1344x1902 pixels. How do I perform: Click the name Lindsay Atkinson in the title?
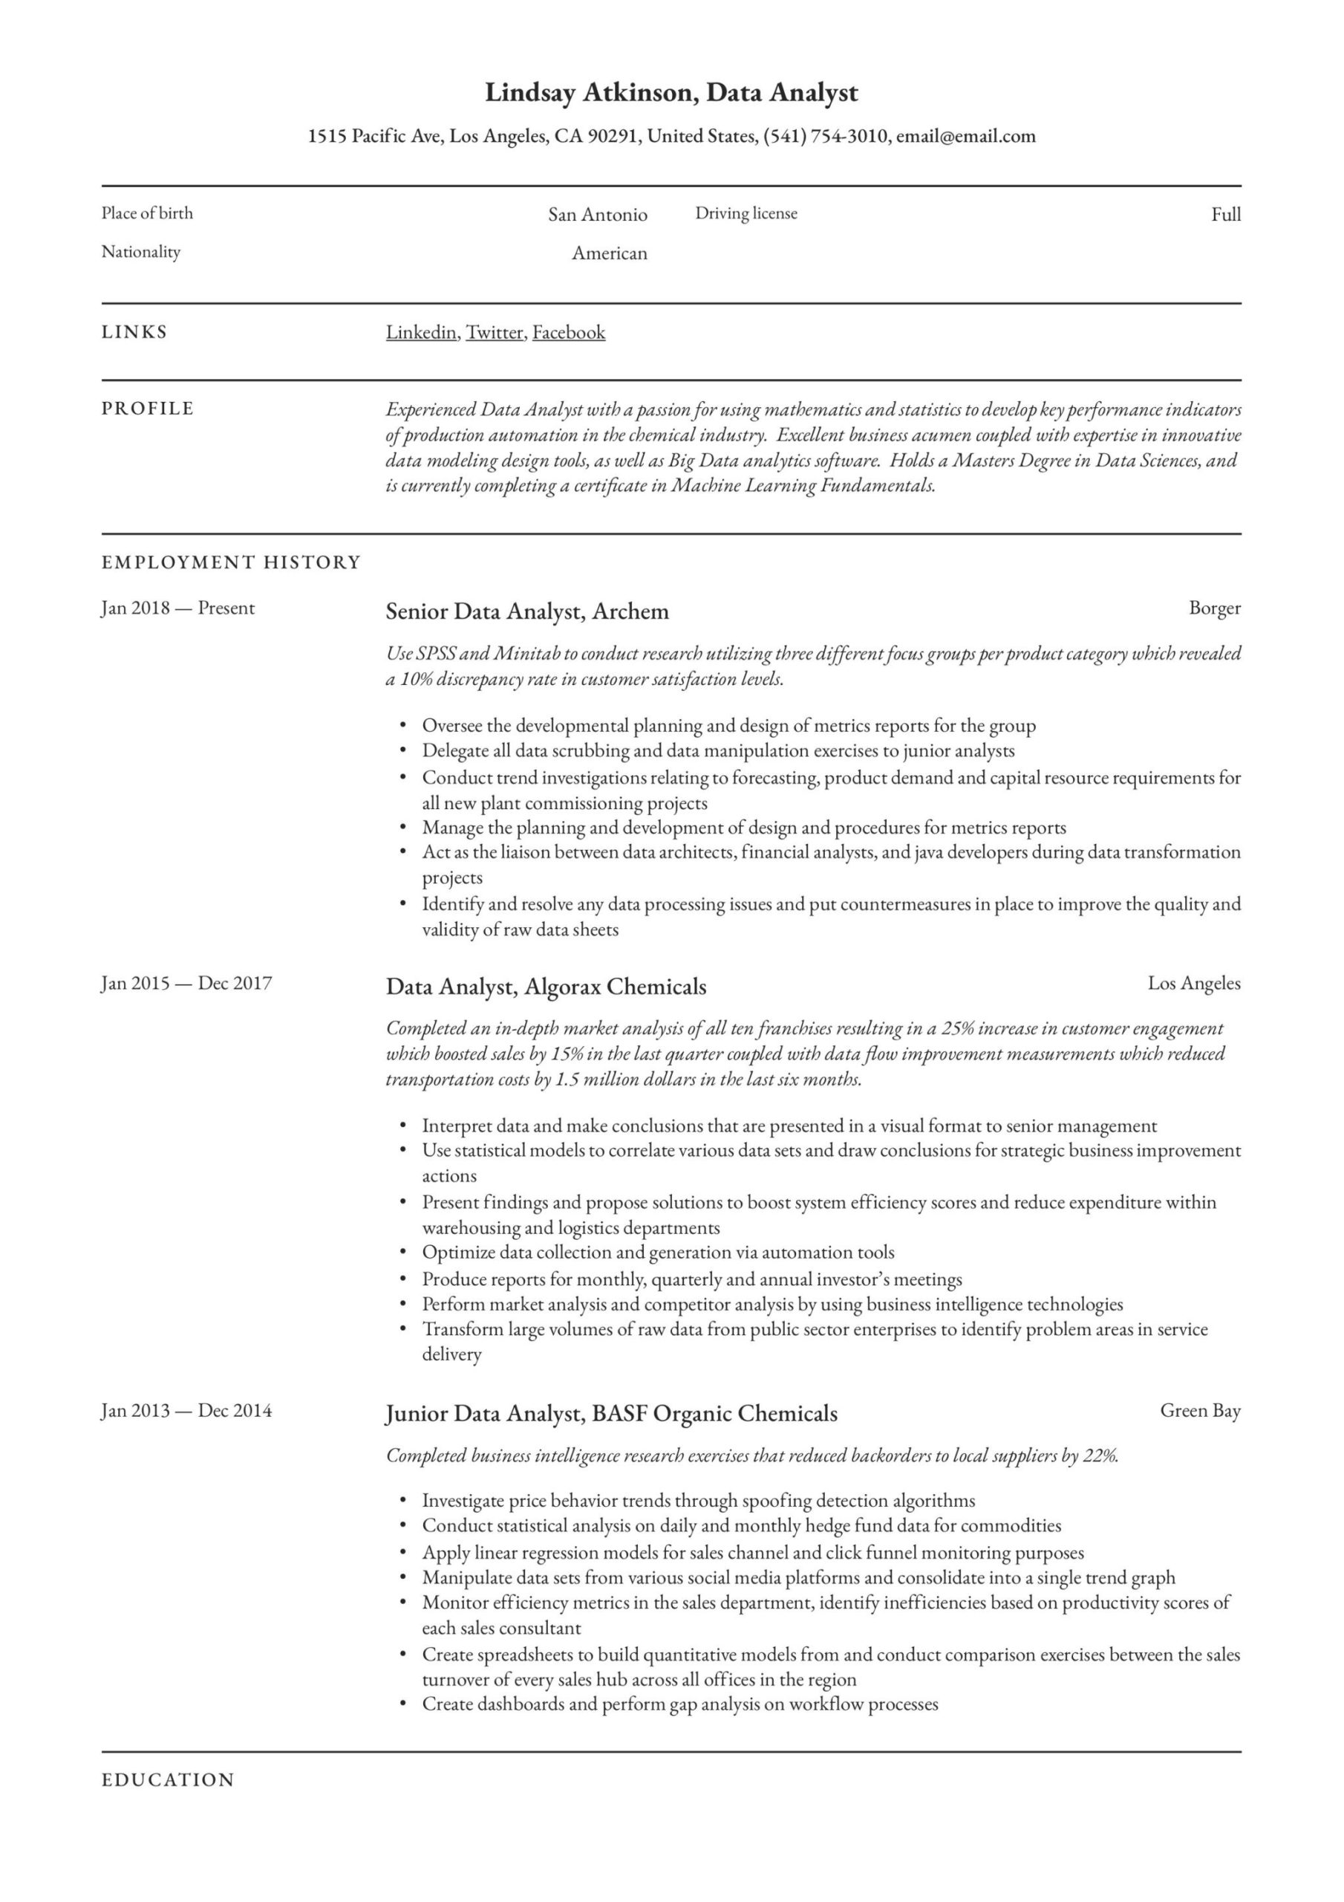[x=589, y=93]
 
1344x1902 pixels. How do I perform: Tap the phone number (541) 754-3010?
[x=824, y=137]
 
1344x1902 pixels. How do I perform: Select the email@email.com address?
[x=965, y=137]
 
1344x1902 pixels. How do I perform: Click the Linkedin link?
[x=421, y=333]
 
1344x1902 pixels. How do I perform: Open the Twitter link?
[x=495, y=333]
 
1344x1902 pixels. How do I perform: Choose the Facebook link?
[x=568, y=333]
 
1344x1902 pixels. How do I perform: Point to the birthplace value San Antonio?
[x=597, y=215]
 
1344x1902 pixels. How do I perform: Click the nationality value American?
[x=609, y=253]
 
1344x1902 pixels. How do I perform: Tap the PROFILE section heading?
[x=148, y=409]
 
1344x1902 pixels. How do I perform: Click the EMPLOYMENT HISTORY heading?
[x=231, y=562]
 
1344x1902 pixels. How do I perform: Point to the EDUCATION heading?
[x=168, y=1779]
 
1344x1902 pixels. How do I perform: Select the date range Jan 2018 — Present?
[x=177, y=608]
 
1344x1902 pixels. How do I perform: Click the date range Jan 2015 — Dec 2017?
[x=186, y=983]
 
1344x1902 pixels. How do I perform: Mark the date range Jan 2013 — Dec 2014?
[x=186, y=1411]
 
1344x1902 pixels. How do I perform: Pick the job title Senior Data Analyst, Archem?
[x=526, y=611]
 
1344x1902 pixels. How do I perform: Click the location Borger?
[x=1214, y=608]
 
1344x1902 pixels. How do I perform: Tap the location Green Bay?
[x=1200, y=1411]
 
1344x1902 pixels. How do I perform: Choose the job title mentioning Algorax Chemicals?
[x=546, y=987]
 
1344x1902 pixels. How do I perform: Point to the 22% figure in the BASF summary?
[x=1100, y=1455]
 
